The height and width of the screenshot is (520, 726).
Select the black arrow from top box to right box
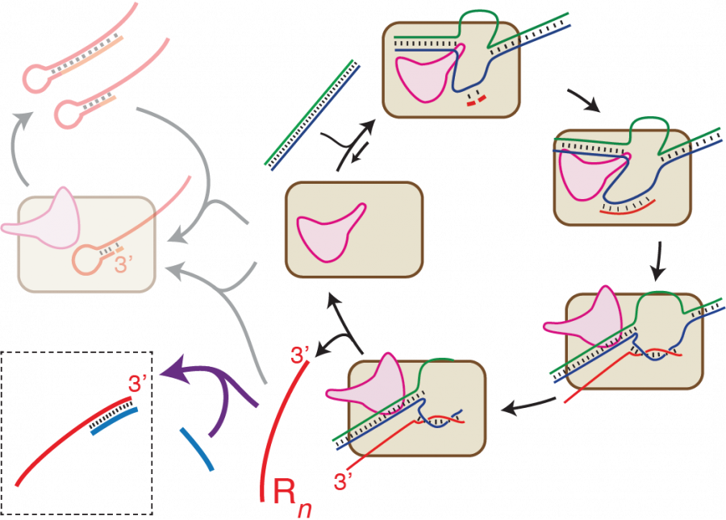tap(582, 99)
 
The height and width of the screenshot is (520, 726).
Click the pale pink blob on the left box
tap(44, 216)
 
